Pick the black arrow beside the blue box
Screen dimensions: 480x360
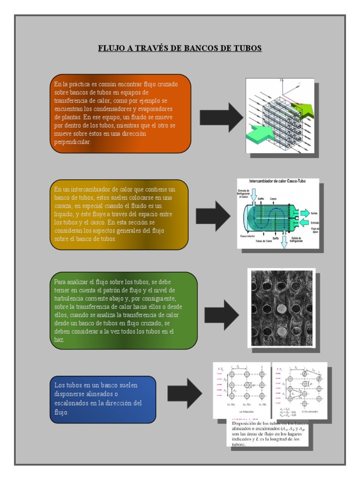point(184,392)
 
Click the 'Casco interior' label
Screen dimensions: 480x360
point(247,236)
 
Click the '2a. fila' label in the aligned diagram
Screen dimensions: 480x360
point(244,403)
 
